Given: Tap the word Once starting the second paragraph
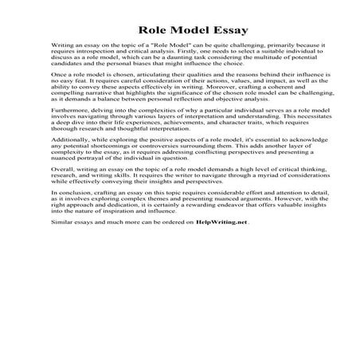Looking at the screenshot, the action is pos(58,98).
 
